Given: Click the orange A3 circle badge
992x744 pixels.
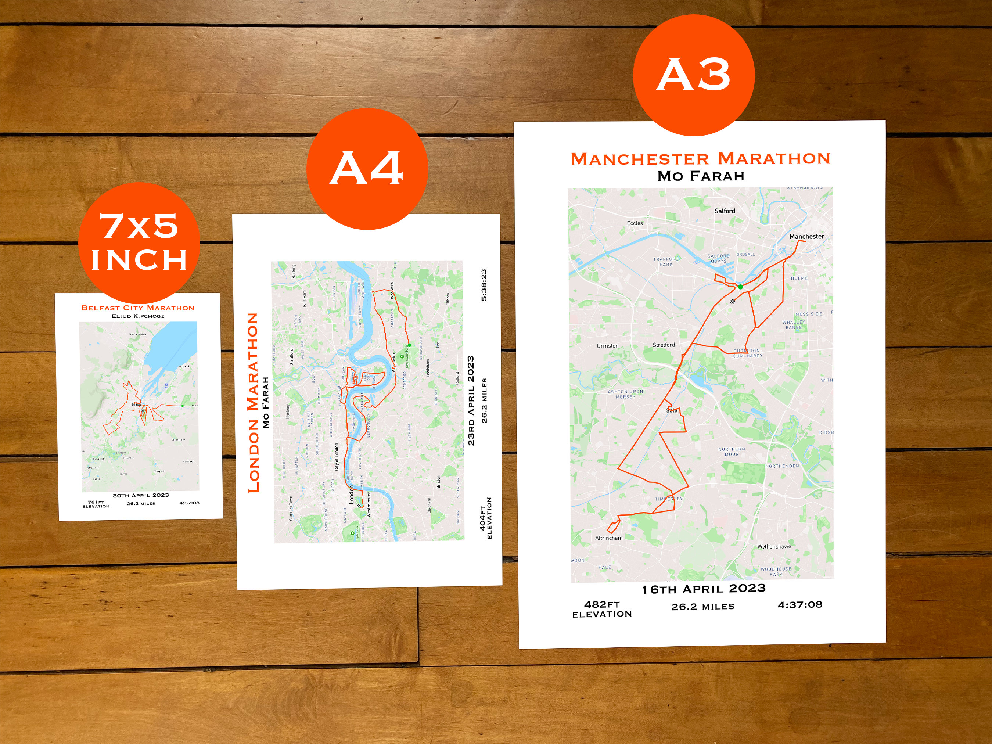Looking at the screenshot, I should point(693,75).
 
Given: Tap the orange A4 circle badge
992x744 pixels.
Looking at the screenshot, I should point(367,169).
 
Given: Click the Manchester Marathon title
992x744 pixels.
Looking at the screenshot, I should point(700,159).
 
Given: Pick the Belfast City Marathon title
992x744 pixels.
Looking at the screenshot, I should point(138,308).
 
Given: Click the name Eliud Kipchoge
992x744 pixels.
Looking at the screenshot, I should point(138,316).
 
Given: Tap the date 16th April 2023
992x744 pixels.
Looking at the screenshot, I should point(703,589).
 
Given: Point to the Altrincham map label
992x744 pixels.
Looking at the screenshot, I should point(608,538).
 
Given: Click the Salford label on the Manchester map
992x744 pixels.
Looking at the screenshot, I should point(725,211).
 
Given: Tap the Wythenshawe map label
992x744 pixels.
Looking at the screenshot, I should point(774,547).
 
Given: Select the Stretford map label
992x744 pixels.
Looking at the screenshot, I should point(664,345).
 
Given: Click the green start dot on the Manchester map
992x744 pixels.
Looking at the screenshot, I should point(740,287).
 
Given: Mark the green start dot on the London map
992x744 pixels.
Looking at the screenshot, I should point(409,345).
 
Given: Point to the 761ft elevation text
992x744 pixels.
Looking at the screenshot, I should point(96,504).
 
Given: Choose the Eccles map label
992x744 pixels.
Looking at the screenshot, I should point(635,223).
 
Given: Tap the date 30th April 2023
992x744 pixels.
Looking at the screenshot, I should point(141,495).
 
